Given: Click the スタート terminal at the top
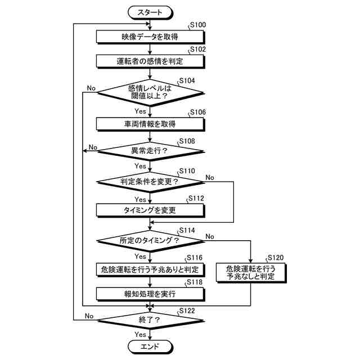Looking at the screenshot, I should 149,11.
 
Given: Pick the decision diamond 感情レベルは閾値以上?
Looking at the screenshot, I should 149,92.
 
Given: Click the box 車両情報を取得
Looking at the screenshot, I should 149,124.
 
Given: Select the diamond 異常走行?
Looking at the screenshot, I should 149,151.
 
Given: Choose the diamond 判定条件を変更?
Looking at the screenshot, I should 149,181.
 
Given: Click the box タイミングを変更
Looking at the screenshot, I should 149,210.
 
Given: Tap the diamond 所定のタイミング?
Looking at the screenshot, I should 149,240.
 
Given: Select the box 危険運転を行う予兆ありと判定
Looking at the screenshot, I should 149,269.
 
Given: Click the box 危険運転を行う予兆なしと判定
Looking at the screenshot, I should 250,272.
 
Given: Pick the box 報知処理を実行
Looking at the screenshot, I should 149,294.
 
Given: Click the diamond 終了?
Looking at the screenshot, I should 149,320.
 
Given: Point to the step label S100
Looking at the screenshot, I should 199,25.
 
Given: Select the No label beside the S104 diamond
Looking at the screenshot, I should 91,88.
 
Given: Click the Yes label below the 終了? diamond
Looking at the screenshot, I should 140,335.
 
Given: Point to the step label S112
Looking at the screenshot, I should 196,199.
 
